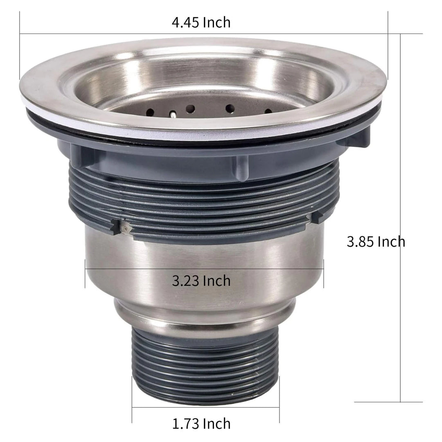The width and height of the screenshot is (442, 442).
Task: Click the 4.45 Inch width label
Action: click(x=201, y=22)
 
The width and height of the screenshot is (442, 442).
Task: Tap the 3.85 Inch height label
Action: click(x=376, y=241)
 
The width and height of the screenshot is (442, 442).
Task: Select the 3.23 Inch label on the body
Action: click(x=201, y=281)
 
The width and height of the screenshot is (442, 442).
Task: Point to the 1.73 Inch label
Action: click(x=201, y=424)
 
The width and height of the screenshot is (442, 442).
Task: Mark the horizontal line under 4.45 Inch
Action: click(x=221, y=34)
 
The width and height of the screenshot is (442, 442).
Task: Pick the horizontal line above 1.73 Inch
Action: click(x=205, y=407)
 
